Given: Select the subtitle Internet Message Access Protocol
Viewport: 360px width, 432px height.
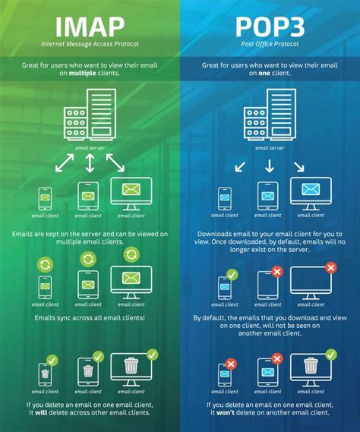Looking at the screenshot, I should tap(90, 46).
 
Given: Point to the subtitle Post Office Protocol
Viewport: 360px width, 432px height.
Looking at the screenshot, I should tap(270, 46).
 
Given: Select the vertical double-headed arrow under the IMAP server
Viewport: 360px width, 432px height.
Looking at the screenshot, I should tap(90, 162).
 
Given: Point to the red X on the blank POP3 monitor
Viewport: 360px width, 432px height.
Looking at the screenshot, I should tap(330, 268).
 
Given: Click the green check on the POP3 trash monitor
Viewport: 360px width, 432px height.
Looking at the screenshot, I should tap(331, 353).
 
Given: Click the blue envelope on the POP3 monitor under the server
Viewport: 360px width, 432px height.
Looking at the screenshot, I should tap(311, 190).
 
